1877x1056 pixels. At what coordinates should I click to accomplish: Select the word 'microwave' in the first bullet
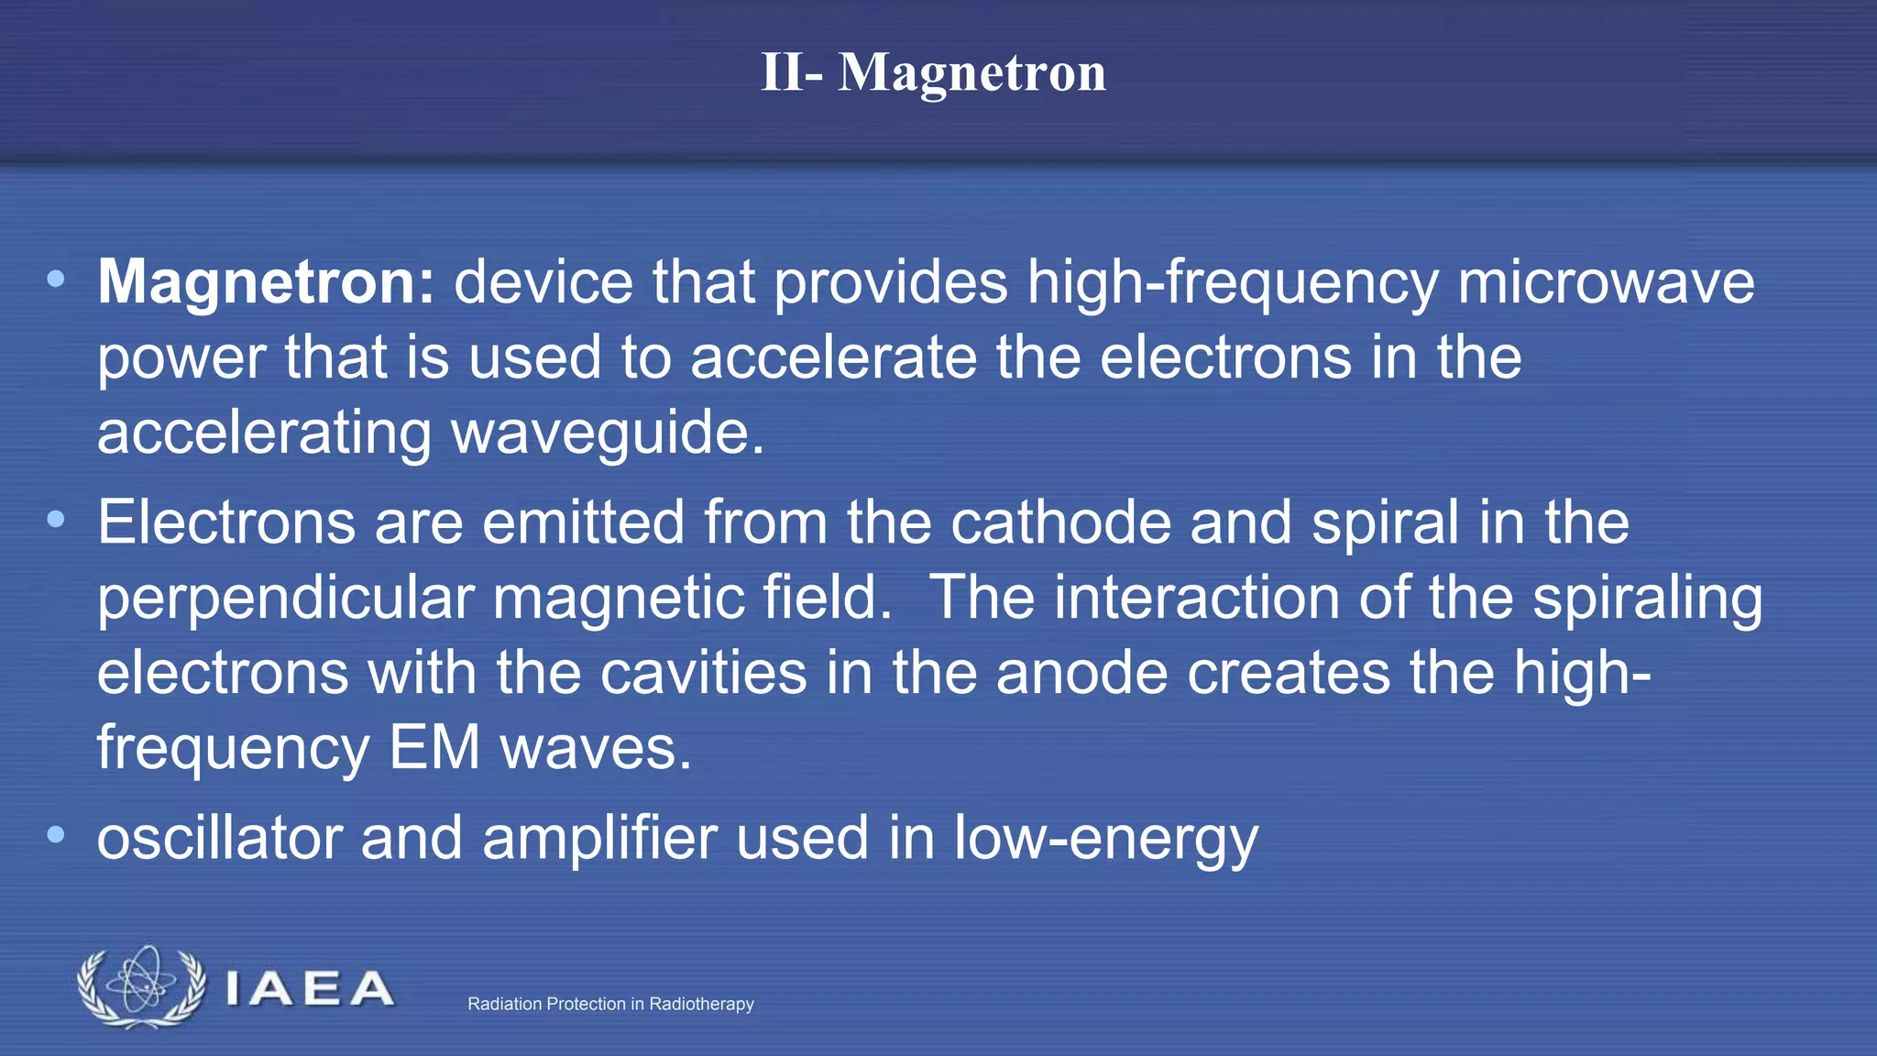[1606, 281]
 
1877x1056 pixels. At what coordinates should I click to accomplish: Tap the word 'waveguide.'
[608, 433]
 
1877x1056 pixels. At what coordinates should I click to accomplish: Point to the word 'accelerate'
[833, 357]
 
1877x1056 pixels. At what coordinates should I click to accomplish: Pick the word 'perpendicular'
[285, 599]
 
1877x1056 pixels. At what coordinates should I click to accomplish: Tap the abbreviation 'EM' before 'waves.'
[434, 748]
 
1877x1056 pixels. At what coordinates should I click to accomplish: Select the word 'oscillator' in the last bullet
[219, 838]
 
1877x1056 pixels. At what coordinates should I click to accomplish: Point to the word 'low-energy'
[1105, 838]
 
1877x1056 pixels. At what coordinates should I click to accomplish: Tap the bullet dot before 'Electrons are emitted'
[56, 520]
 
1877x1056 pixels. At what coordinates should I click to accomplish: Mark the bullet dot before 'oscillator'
[56, 835]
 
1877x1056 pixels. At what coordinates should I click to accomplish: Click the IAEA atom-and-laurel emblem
[141, 987]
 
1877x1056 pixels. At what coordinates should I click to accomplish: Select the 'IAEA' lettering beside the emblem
[309, 989]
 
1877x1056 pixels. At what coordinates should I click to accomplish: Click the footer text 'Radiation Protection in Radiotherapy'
[610, 1004]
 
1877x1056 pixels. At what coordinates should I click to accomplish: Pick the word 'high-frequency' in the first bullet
[1232, 281]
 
